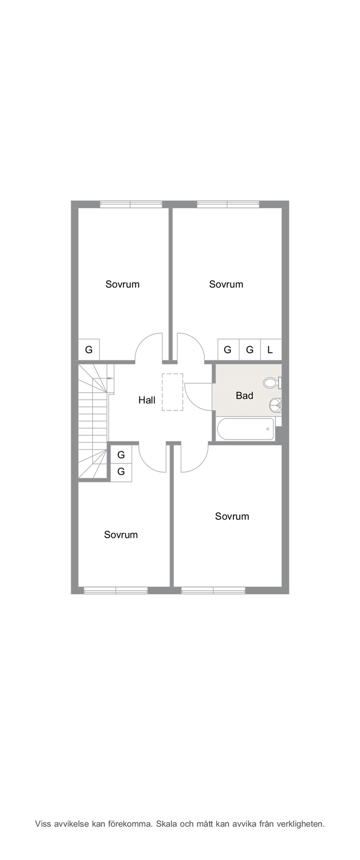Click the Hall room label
tap(147, 400)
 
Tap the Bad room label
tap(244, 395)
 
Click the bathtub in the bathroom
tap(245, 429)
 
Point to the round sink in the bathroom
tap(276, 404)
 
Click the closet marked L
tap(270, 349)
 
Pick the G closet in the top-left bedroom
tap(89, 349)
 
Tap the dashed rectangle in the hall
tap(173, 392)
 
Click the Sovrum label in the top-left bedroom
tap(122, 284)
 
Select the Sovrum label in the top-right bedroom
tap(226, 284)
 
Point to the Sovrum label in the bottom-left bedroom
tap(121, 534)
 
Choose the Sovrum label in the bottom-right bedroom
tap(232, 516)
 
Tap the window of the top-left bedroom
tap(131, 204)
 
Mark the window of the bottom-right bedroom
tap(213, 591)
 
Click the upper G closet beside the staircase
tap(121, 455)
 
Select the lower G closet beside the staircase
tap(121, 471)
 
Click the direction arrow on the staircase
tap(109, 379)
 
